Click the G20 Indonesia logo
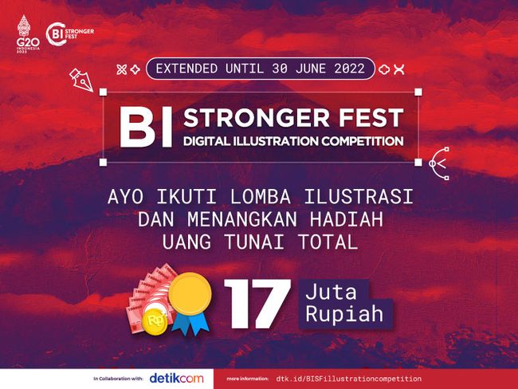click(x=28, y=34)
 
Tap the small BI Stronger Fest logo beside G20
click(x=70, y=33)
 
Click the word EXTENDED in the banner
click(x=186, y=69)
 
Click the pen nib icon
click(x=81, y=80)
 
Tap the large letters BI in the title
click(x=146, y=128)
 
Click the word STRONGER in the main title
click(x=257, y=118)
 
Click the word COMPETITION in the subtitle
click(x=363, y=141)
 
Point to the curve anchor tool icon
click(x=439, y=163)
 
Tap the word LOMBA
click(x=261, y=197)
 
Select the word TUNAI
click(x=254, y=242)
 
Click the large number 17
click(x=257, y=304)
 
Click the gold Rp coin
click(x=155, y=321)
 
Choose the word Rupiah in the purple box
click(x=344, y=313)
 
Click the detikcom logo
click(x=176, y=379)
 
